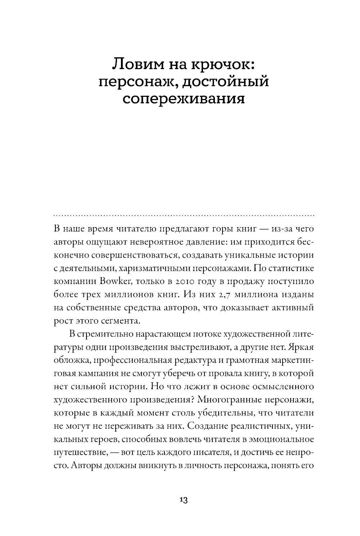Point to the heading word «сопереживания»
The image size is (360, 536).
tap(184, 98)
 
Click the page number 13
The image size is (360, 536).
tap(183, 500)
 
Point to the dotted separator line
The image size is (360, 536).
tap(184, 216)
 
